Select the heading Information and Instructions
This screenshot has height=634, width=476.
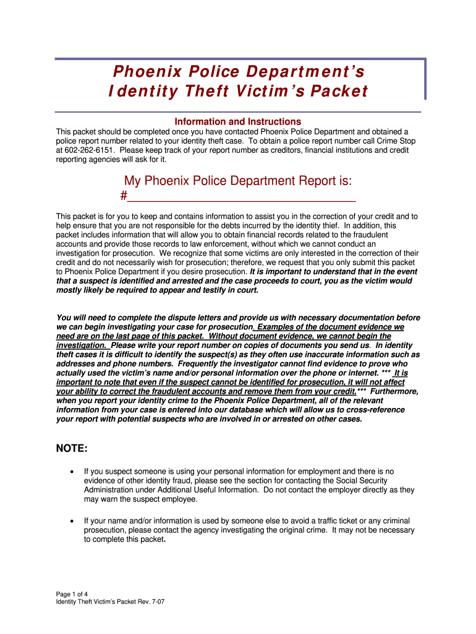(x=237, y=121)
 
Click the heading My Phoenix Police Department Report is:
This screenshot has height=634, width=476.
(x=238, y=181)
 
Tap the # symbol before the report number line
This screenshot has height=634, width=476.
(x=123, y=196)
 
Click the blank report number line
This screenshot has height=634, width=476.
(x=242, y=198)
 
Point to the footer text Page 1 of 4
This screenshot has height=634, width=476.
(x=73, y=594)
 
